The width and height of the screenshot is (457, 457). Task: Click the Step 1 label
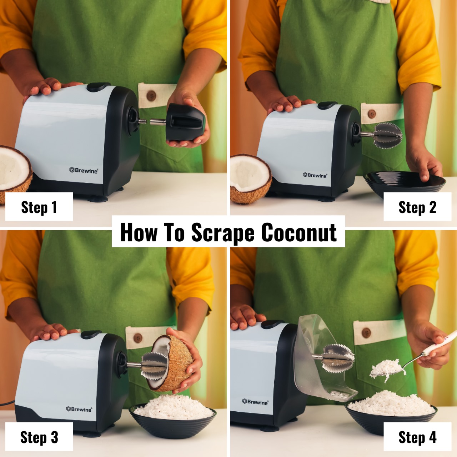[39, 207]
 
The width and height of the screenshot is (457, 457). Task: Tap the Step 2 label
[417, 207]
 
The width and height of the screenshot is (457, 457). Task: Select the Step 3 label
[39, 437]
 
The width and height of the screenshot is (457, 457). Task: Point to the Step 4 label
[417, 437]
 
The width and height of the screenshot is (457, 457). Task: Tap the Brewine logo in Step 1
[84, 170]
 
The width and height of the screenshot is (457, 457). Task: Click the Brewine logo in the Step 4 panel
[255, 402]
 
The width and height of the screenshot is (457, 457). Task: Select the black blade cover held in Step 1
[186, 121]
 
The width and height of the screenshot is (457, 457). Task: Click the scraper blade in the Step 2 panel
[388, 135]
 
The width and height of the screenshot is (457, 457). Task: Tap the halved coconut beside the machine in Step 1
[14, 171]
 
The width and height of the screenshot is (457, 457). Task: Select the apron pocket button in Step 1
[151, 95]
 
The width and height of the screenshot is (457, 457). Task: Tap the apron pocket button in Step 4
[366, 333]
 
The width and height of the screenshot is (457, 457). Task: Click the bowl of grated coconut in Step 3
[173, 414]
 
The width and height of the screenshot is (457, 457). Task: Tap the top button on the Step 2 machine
[327, 105]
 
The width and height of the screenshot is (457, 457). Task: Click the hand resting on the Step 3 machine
[52, 332]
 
